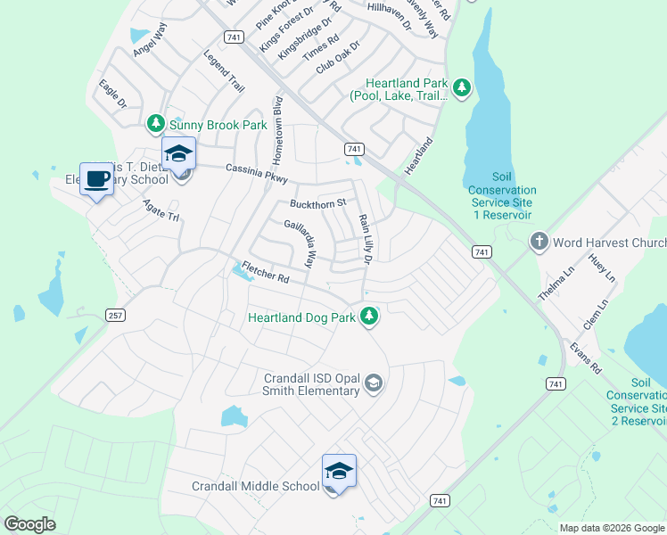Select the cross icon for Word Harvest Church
pyautogui.click(x=539, y=243)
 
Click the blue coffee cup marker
pyautogui.click(x=96, y=179)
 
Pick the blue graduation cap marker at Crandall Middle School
pyautogui.click(x=339, y=471)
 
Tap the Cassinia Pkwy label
pyautogui.click(x=257, y=173)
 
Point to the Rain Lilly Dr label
pyautogui.click(x=365, y=239)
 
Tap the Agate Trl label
pyautogui.click(x=161, y=210)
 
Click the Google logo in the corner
pyautogui.click(x=30, y=524)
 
